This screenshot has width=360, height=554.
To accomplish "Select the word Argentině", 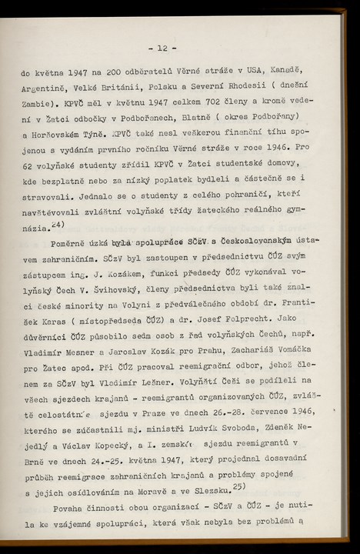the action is (x=48, y=88).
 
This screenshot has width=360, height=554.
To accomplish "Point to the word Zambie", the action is (x=38, y=103).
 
